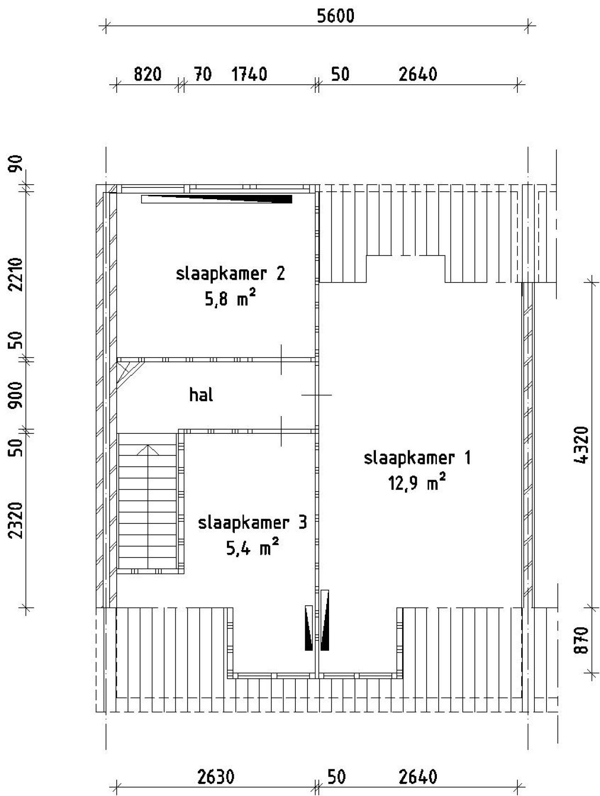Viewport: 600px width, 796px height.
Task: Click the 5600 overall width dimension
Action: pyautogui.click(x=336, y=16)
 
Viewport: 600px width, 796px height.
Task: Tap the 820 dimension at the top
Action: pyautogui.click(x=148, y=74)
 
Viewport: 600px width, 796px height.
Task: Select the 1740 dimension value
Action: pyautogui.click(x=249, y=74)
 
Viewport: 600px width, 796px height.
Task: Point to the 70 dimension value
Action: pyautogui.click(x=202, y=74)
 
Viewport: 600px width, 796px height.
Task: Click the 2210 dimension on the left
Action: pyautogui.click(x=17, y=274)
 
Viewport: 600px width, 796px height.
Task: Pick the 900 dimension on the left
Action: pyautogui.click(x=17, y=394)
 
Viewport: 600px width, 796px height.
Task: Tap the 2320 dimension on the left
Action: pyautogui.click(x=17, y=520)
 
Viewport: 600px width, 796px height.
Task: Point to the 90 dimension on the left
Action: pyautogui.click(x=17, y=164)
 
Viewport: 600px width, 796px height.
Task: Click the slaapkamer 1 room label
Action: pyautogui.click(x=417, y=458)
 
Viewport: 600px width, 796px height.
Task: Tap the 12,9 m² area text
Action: pyautogui.click(x=416, y=482)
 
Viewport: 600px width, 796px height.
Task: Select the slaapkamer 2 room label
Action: pyautogui.click(x=230, y=273)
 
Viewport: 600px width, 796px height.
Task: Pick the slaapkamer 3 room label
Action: pyautogui.click(x=253, y=522)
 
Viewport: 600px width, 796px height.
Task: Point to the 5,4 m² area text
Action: pyautogui.click(x=253, y=547)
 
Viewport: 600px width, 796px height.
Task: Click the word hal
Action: pyautogui.click(x=201, y=395)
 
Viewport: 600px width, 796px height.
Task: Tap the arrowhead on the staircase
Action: pyautogui.click(x=149, y=450)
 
